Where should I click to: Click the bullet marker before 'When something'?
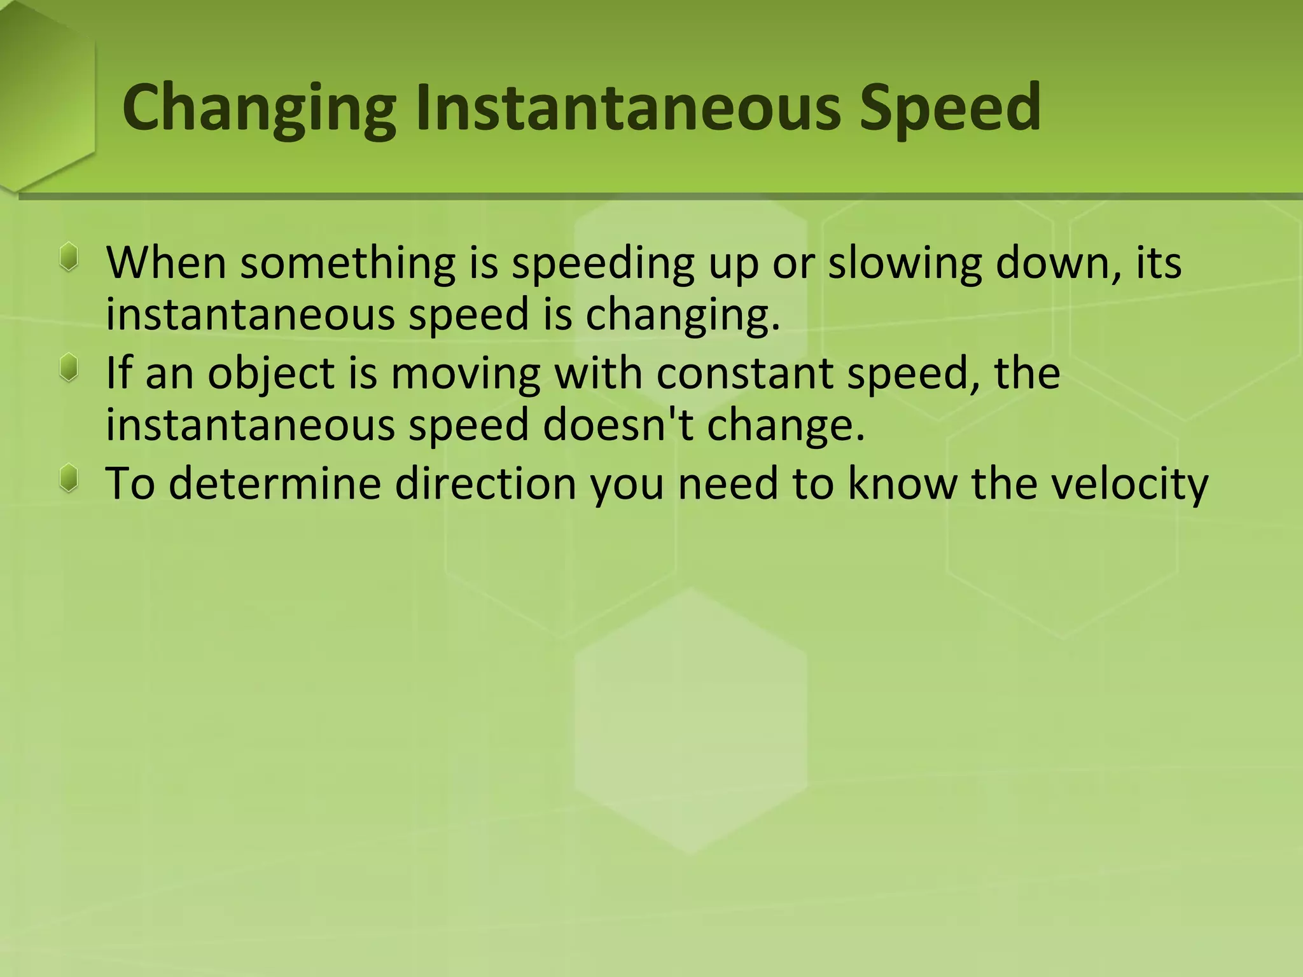(69, 258)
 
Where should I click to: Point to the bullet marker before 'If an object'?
(69, 368)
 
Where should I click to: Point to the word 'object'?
(270, 374)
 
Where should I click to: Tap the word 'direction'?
(485, 483)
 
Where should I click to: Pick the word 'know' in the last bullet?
(902, 483)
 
